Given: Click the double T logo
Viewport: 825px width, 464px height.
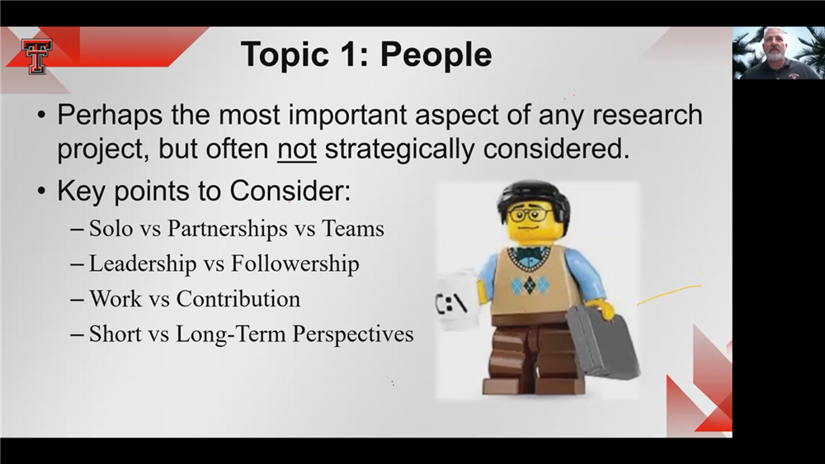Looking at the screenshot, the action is point(37,56).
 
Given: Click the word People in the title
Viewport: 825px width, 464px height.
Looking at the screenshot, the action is point(436,54).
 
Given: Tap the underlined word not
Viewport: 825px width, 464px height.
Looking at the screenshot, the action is point(297,149).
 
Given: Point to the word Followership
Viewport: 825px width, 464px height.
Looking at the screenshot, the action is point(295,263).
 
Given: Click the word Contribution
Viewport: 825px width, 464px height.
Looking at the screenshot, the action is point(238,299).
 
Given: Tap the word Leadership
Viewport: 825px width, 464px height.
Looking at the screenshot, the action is point(143,263).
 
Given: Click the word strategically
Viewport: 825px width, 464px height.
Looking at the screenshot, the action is point(400,149).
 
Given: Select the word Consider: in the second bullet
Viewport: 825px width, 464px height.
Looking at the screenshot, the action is point(290,190).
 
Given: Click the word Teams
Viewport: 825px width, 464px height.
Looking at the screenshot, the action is point(352,229).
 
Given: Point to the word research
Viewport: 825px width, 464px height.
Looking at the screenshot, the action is point(648,116).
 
